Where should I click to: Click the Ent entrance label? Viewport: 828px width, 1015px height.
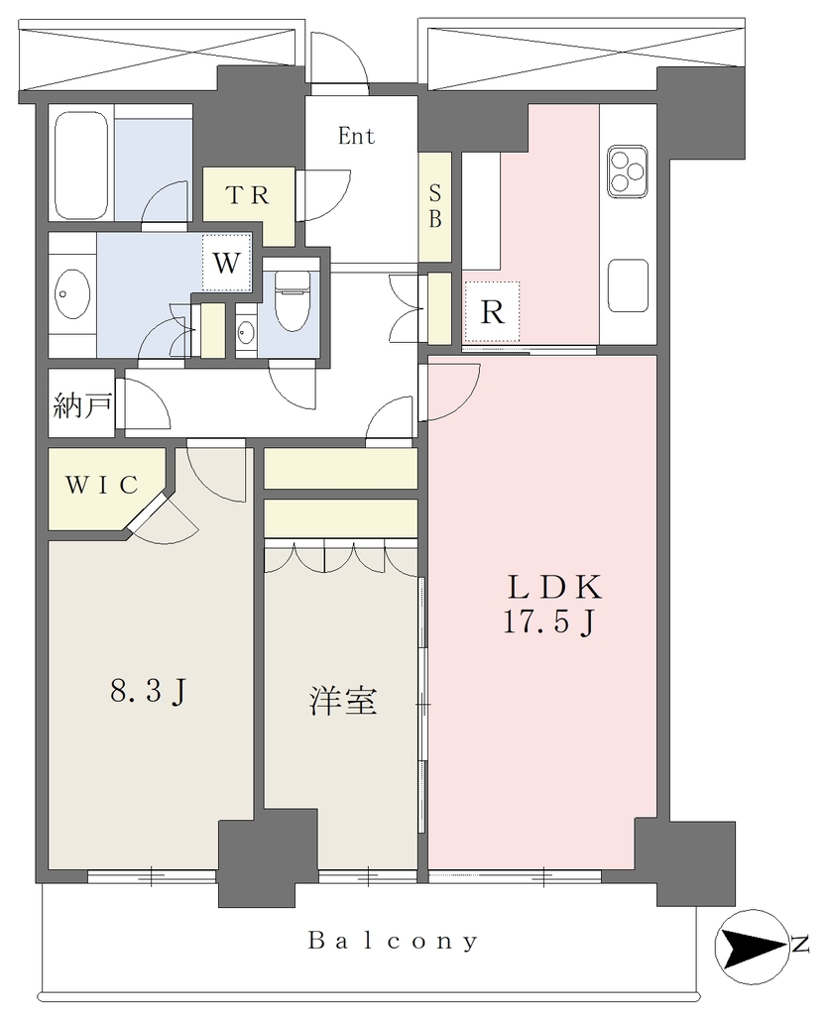point(357,136)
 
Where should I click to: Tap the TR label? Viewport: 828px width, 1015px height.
point(248,195)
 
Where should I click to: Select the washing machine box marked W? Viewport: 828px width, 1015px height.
point(226,263)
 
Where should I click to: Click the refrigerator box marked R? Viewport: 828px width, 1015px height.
point(492,312)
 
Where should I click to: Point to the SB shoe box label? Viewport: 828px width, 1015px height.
point(435,206)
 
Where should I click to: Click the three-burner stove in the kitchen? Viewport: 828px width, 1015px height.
point(628,171)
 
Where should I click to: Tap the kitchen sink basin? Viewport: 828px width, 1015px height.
point(628,284)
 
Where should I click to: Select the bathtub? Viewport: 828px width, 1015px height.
point(80,167)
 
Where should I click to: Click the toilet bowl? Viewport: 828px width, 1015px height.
point(293,300)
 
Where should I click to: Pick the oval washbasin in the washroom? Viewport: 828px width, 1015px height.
point(71,293)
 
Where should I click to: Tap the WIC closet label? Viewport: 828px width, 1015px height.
point(102,484)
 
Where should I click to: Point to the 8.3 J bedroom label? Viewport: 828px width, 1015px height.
point(149,692)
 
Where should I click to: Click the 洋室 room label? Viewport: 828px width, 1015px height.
point(343,701)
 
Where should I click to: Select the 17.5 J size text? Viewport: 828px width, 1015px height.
point(549,623)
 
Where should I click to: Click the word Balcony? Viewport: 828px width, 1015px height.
point(393,941)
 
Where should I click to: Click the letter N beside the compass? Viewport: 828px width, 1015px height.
point(801,945)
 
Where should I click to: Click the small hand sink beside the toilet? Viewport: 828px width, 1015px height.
point(245,334)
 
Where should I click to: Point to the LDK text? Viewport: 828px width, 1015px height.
point(554,587)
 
